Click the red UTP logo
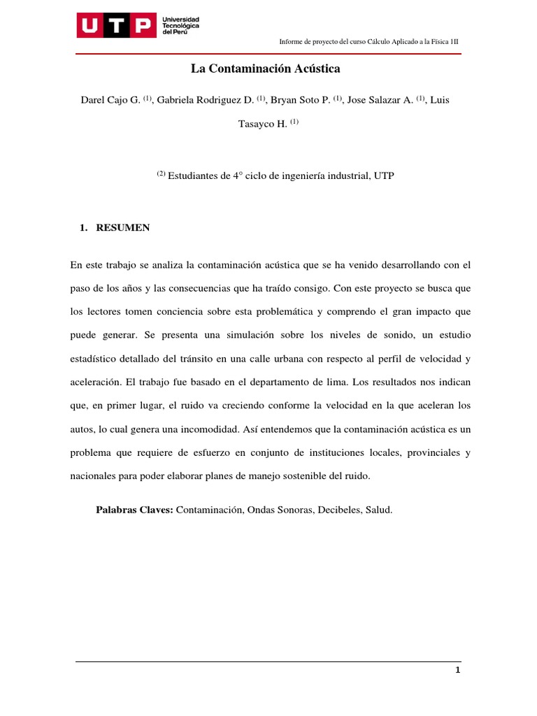(x=116, y=27)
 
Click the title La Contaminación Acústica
(x=265, y=69)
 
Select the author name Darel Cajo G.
(x=110, y=100)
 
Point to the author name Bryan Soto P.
(x=301, y=100)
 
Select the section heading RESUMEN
(x=122, y=228)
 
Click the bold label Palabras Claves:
(x=134, y=510)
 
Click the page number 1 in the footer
(x=457, y=671)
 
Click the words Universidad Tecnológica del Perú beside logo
(x=180, y=26)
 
